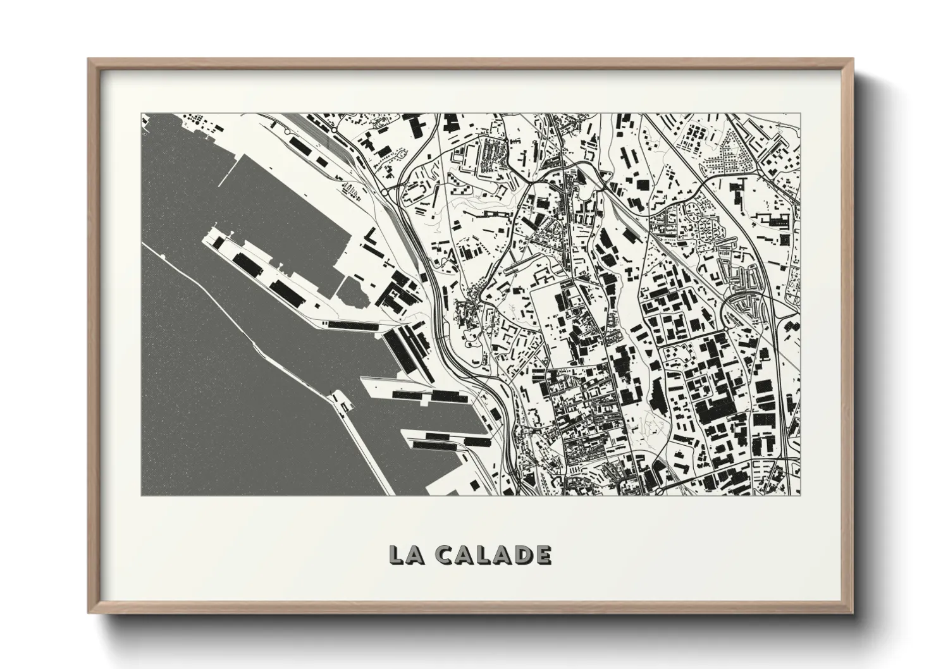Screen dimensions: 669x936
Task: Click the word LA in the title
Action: pos(402,555)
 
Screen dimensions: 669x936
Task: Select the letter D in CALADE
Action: pos(521,555)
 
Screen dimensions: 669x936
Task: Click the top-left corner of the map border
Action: pos(142,114)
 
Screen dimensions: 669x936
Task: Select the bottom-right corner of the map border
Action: pos(800,495)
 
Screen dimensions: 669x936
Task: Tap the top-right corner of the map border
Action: pos(800,114)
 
